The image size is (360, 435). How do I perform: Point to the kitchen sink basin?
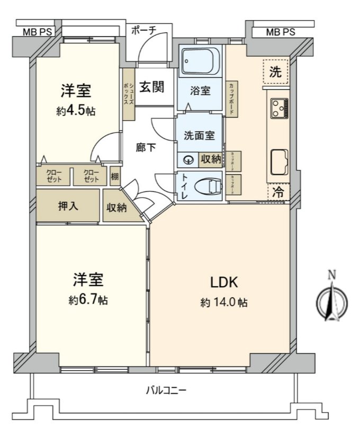pyautogui.click(x=279, y=161)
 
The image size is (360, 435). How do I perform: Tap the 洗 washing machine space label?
pyautogui.click(x=275, y=73)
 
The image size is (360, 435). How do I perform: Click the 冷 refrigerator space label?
pyautogui.click(x=277, y=192)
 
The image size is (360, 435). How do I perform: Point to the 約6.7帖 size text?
pyautogui.click(x=88, y=300)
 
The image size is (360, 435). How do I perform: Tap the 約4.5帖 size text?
pyautogui.click(x=76, y=112)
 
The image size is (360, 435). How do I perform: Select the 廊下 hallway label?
pyautogui.click(x=146, y=148)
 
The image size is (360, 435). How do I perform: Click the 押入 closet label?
pyautogui.click(x=68, y=206)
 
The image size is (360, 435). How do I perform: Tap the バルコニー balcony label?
pyautogui.click(x=166, y=391)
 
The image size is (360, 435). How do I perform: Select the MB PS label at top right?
pyautogui.click(x=280, y=32)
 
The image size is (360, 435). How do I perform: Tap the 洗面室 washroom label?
pyautogui.click(x=199, y=135)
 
